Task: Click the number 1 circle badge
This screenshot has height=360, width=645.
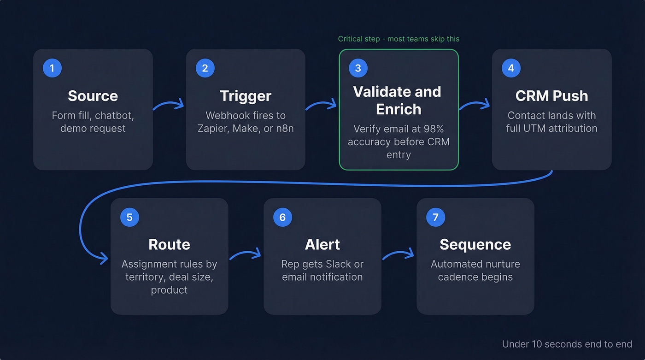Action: coord(52,68)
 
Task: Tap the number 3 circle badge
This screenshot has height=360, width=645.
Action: coord(358,68)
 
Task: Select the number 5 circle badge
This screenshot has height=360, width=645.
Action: coord(129,217)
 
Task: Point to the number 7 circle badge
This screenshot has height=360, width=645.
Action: coord(435,217)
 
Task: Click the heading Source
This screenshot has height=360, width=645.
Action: coord(93,96)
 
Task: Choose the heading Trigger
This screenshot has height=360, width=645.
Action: coord(246,96)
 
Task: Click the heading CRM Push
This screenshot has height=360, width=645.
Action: coord(551,96)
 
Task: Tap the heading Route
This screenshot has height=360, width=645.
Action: coord(169,244)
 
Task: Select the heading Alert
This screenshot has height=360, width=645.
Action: coord(322,244)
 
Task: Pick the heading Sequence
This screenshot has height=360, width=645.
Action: coord(475,244)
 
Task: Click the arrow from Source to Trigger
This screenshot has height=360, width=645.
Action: coord(169,106)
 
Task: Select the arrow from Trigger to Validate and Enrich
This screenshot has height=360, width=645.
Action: coord(322,106)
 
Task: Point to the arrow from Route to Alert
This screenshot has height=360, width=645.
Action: coord(245,254)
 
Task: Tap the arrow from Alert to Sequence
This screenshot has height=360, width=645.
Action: coord(398,254)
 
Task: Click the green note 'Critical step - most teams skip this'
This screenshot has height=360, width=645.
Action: coord(399,39)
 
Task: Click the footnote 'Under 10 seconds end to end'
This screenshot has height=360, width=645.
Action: coord(567,344)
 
